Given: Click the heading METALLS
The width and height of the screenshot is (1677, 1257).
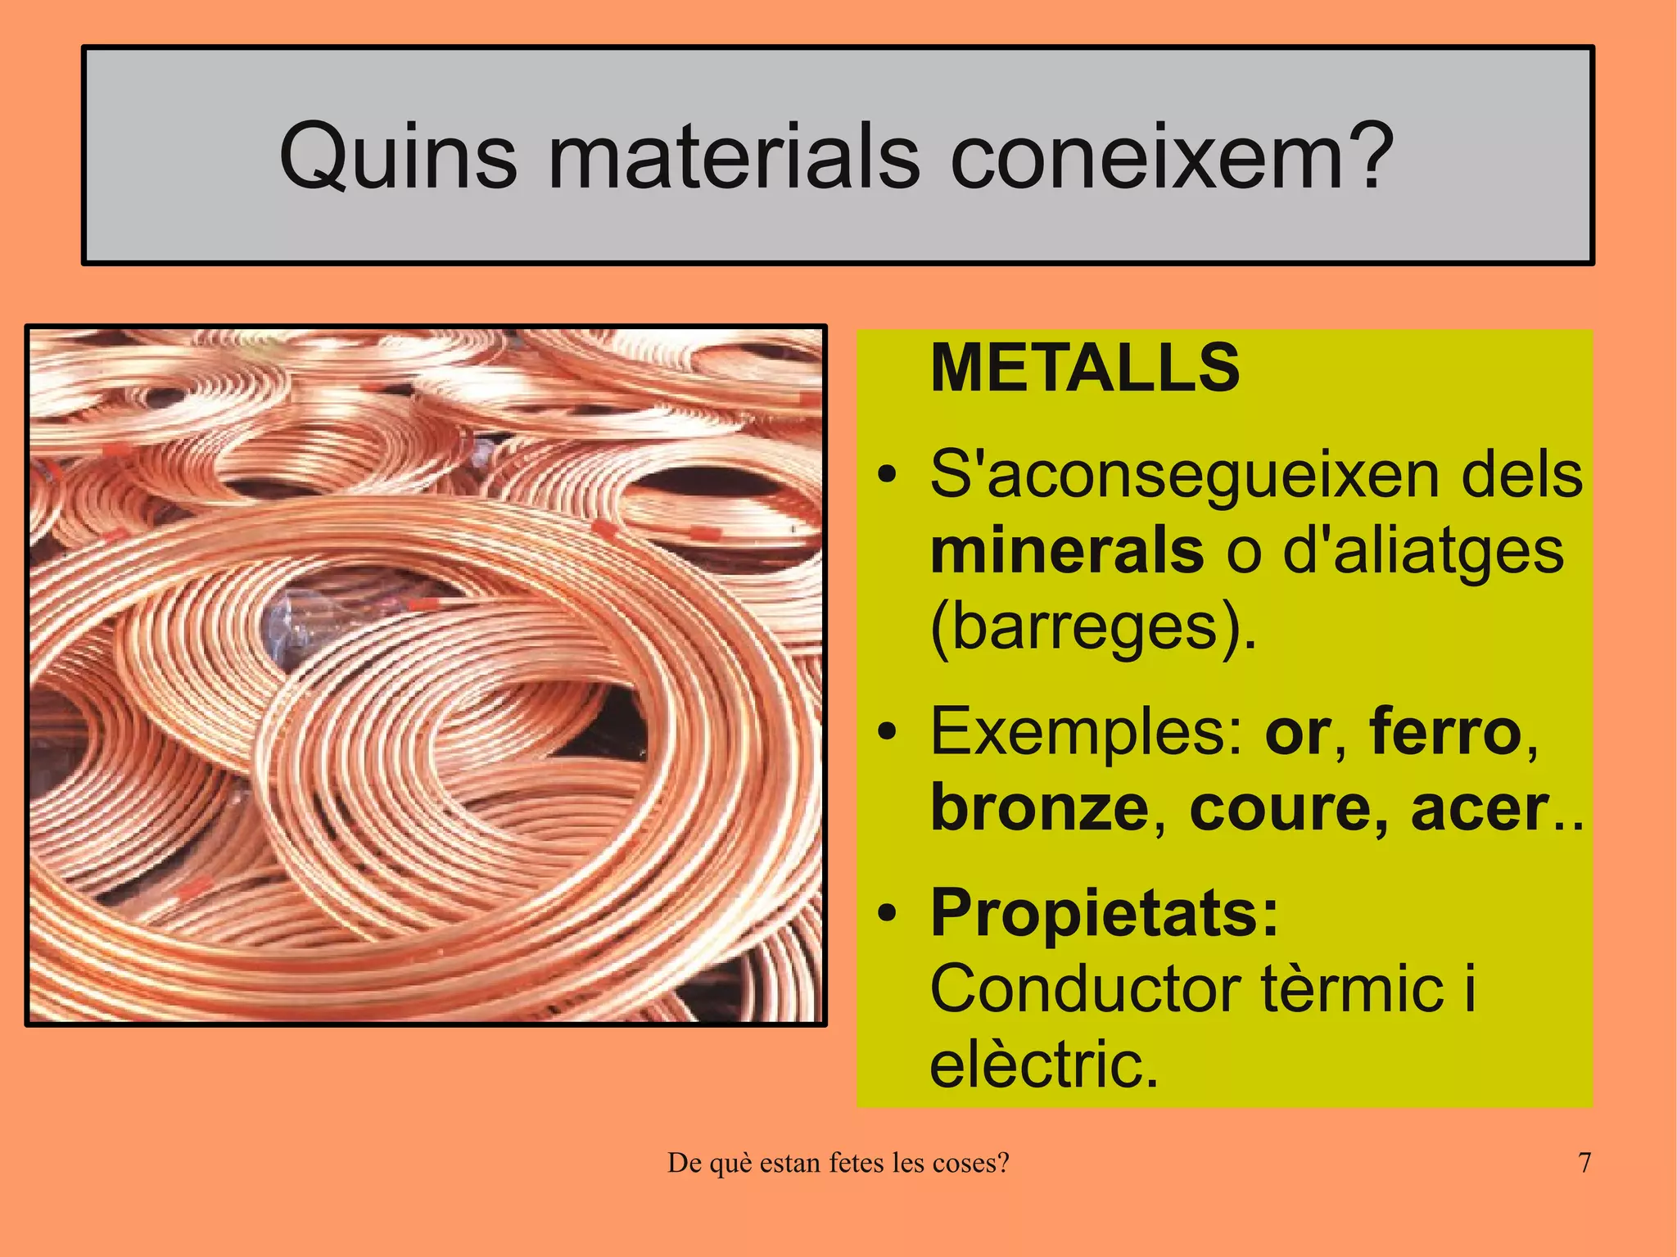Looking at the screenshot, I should point(1085,368).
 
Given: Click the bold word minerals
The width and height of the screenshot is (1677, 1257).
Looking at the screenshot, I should point(1066,550).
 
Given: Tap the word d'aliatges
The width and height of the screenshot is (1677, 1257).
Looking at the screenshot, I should point(1422,552).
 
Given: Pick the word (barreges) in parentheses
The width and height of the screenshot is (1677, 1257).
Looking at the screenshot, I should point(1092,629).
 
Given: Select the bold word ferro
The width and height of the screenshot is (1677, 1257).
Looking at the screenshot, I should point(1445,731).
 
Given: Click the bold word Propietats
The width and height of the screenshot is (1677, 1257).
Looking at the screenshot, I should point(1104,913).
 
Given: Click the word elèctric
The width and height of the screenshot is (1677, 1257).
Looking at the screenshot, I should point(1044,1064).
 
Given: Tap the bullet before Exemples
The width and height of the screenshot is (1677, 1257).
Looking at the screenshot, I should point(886,731).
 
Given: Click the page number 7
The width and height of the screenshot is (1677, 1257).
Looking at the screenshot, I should point(1584,1163).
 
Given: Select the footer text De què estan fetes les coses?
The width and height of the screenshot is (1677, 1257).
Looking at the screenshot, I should point(838,1163).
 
